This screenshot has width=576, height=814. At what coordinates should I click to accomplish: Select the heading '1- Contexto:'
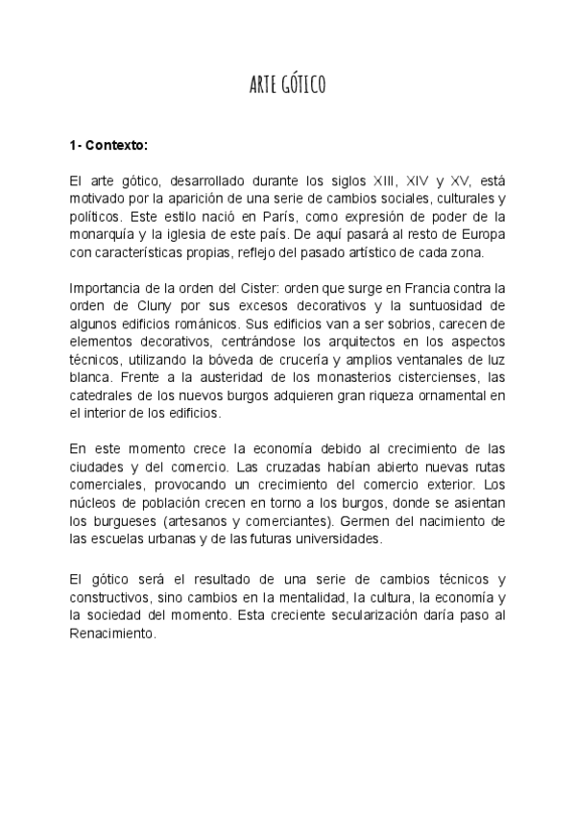click(x=108, y=146)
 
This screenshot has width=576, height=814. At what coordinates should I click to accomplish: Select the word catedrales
click(x=103, y=396)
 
